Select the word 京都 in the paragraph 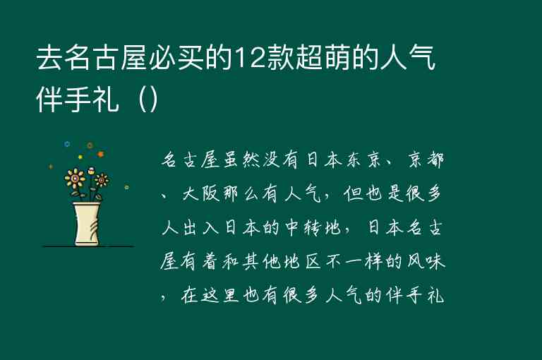(426, 162)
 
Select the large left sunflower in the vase (74, 177)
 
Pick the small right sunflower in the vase (102, 179)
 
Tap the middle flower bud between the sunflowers (90, 170)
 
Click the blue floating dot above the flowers (67, 144)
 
